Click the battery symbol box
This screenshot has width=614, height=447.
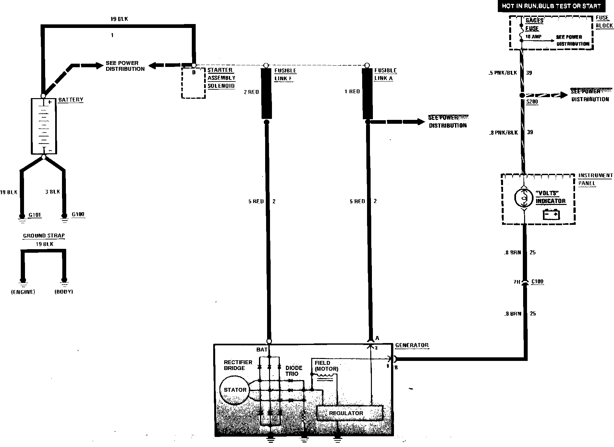point(43,126)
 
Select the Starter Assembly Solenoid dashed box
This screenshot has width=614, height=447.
point(193,83)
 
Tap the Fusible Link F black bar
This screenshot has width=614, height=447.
point(266,93)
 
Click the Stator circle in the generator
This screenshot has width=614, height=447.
point(235,390)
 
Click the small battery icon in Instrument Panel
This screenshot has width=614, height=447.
point(551,214)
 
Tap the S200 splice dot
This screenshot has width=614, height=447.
point(522,96)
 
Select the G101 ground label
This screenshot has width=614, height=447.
point(35,215)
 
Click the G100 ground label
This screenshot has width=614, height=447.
point(78,214)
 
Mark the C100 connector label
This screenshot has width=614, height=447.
point(537,282)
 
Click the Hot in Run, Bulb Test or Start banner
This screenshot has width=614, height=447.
point(551,6)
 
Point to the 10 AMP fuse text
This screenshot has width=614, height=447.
point(534,37)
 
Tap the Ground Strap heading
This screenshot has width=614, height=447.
point(44,236)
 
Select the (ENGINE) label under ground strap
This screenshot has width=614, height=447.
point(23,292)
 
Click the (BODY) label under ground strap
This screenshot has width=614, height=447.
point(64,292)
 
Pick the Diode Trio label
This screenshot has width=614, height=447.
point(294,371)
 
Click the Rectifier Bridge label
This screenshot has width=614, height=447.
point(238,365)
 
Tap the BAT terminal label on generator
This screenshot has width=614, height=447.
point(262,350)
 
